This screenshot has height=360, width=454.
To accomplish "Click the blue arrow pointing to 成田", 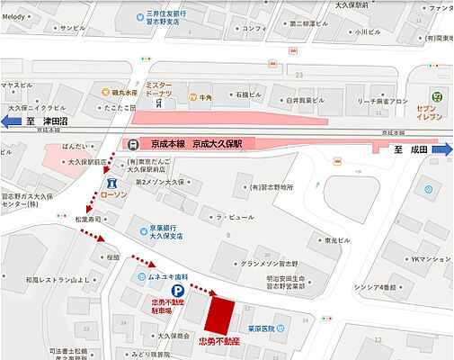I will pos(443,148).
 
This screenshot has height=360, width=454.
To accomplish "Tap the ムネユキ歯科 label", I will pos(166,275).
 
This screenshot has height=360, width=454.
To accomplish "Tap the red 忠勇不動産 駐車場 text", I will pos(167,307).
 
